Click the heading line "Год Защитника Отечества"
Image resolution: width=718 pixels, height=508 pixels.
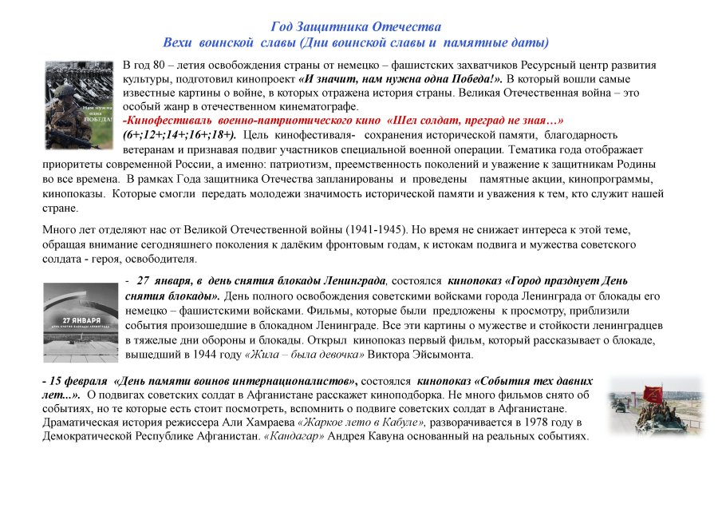[356, 27]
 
